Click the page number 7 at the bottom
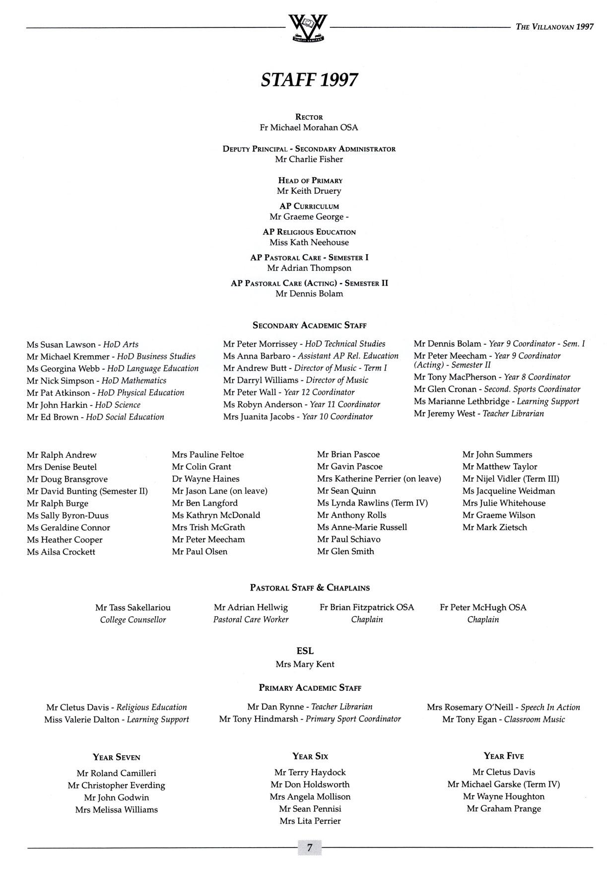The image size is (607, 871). tap(310, 847)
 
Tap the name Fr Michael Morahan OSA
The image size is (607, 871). tap(309, 128)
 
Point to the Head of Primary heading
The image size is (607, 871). tap(310, 181)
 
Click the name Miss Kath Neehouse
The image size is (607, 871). tap(309, 242)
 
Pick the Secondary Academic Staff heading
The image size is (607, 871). tap(309, 326)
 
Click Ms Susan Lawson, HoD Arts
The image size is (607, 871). tap(82, 345)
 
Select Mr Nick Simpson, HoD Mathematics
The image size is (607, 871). tap(96, 381)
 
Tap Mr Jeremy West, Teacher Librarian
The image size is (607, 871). tap(478, 414)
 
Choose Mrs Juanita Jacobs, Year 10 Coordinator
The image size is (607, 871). tap(298, 417)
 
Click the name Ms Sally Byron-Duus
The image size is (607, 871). tap(67, 515)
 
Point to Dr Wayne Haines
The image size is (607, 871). tap(205, 479)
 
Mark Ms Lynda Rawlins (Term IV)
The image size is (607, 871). tap(372, 503)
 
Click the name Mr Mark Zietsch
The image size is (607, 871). tap(494, 527)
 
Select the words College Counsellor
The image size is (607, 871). tap(133, 620)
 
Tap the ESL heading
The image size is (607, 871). tap(305, 651)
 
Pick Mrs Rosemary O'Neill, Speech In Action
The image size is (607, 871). tap(503, 707)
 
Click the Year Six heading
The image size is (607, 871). tap(310, 756)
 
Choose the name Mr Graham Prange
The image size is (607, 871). tap(504, 808)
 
